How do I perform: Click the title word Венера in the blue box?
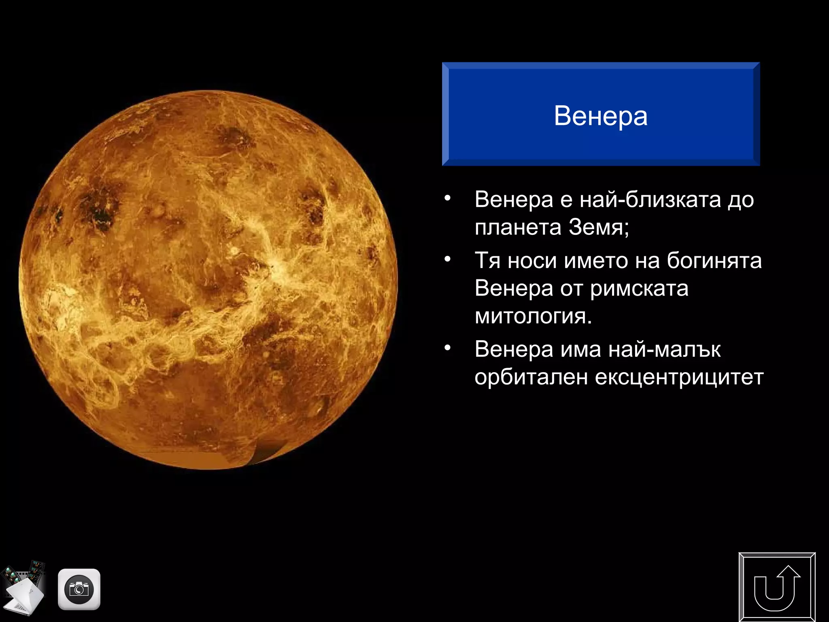(600, 116)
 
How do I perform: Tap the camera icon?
(79, 589)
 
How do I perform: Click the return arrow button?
(777, 587)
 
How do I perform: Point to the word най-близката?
(650, 200)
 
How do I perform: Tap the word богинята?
(714, 260)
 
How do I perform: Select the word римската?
(639, 289)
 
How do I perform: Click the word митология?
(533, 316)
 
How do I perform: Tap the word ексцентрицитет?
(679, 377)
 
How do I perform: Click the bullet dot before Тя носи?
(447, 260)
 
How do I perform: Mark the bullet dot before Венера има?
(447, 348)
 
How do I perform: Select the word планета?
(518, 228)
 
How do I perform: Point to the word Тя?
(487, 260)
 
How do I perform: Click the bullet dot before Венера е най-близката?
(447, 199)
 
